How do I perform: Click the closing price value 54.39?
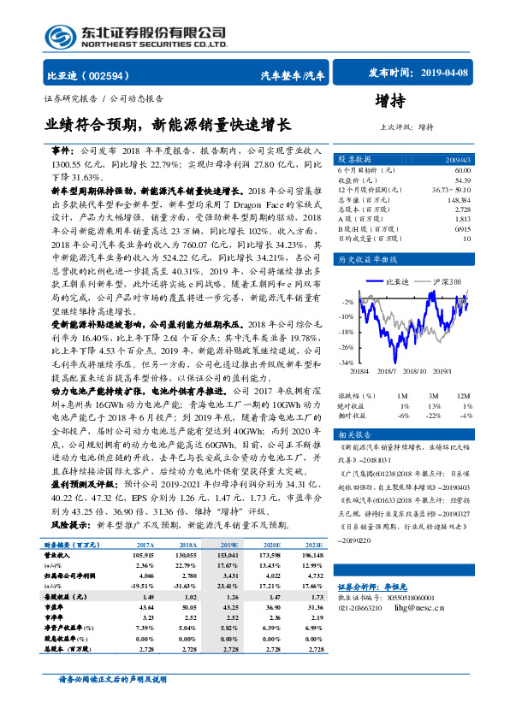coord(462,180)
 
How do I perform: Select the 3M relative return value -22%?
coord(436,415)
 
